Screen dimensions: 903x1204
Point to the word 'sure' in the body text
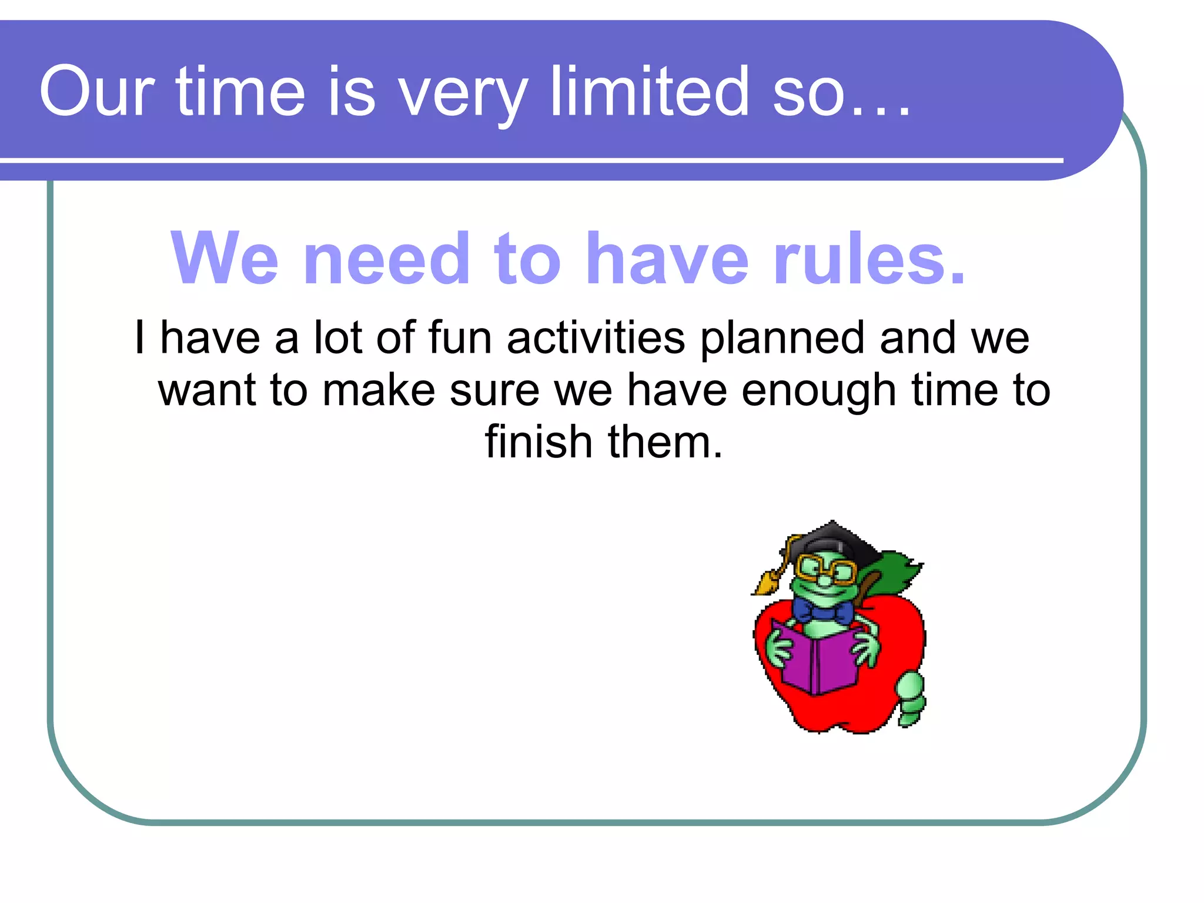[494, 391]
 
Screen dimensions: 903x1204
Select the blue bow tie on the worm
[822, 612]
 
